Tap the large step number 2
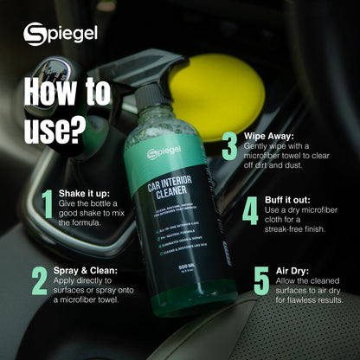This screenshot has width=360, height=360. [39, 280]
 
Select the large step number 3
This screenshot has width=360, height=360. [229, 145]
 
